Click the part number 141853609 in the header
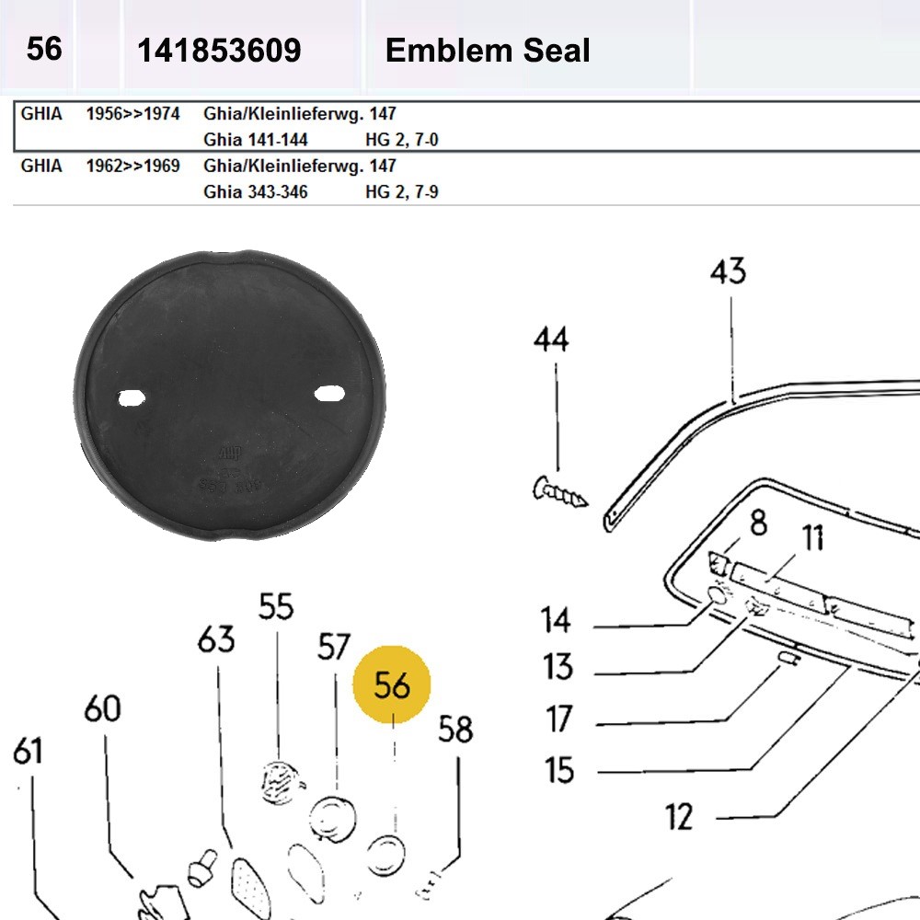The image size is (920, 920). click(219, 51)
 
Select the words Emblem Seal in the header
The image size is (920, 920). click(487, 51)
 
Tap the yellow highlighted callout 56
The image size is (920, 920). click(391, 685)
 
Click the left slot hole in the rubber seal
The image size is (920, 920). click(133, 397)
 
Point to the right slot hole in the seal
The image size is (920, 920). click(328, 394)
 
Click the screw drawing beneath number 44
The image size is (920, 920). click(559, 493)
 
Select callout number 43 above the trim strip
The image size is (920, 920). click(728, 272)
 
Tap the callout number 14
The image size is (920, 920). click(556, 621)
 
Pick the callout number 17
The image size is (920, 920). click(558, 719)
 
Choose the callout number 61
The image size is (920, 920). click(28, 752)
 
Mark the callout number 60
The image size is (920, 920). click(102, 709)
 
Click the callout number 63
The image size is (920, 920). click(216, 639)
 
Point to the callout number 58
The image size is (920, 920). click(454, 730)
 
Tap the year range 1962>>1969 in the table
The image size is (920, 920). click(132, 167)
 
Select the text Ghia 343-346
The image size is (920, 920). click(256, 192)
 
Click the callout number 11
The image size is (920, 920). click(811, 538)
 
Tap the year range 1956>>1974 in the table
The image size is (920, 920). click(132, 115)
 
